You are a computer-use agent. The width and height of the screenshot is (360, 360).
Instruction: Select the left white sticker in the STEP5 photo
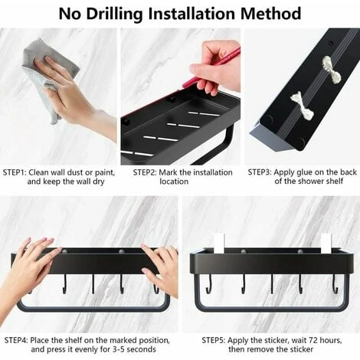point(219,244)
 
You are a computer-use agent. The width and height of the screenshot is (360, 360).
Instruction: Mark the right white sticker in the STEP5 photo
point(326,244)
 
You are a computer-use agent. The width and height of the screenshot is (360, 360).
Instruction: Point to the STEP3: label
point(263,172)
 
